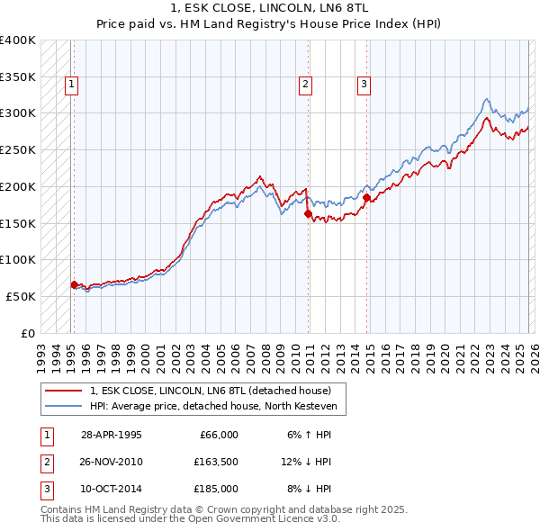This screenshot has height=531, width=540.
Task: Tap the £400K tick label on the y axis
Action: tap(18, 40)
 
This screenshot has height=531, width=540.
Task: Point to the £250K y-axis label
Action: tap(18, 150)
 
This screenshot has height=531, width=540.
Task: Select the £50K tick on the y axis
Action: tap(21, 296)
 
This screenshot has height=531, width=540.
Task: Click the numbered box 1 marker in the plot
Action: tap(71, 85)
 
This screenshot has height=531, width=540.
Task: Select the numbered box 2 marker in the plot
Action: tap(306, 85)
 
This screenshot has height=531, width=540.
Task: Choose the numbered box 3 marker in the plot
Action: tap(364, 85)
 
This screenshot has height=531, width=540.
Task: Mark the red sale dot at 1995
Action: tap(74, 284)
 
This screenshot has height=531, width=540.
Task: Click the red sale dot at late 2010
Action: tap(308, 213)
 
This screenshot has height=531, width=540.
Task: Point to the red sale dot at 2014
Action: tap(366, 198)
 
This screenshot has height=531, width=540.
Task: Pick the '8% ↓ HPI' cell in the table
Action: tap(307, 489)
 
